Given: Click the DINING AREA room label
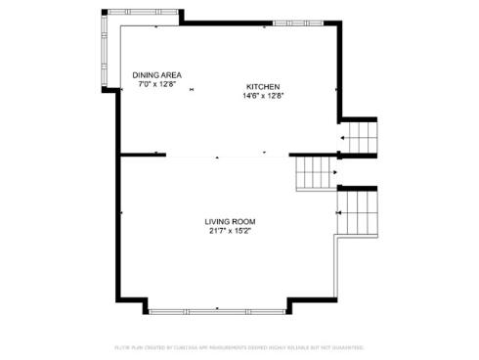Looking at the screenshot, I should (x=156, y=75).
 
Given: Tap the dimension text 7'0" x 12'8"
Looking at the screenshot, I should (x=156, y=84).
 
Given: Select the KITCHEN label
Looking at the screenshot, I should (x=262, y=87).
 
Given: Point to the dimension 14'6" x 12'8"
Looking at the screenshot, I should (x=262, y=96).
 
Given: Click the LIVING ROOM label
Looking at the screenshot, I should (x=231, y=222).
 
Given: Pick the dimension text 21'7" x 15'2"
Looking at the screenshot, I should (x=231, y=231).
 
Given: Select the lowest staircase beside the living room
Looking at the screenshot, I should (x=357, y=211).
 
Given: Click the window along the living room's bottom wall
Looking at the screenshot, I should (x=217, y=310).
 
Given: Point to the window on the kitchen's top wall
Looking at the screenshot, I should (x=297, y=22).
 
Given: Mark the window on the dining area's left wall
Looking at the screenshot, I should (x=106, y=54).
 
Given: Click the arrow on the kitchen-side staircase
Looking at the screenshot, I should (x=343, y=139).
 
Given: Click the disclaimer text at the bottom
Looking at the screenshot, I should (x=239, y=347).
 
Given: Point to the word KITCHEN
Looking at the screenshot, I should (x=262, y=87).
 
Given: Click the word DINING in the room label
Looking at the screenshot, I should (x=146, y=75).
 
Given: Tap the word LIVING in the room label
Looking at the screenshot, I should (x=218, y=222).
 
